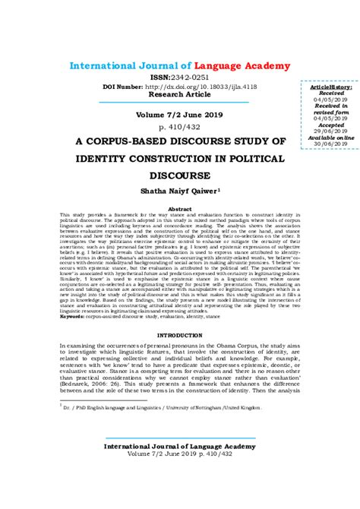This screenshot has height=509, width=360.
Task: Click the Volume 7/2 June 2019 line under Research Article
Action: (x=179, y=114)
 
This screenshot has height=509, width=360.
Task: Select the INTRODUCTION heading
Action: (x=179, y=335)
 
